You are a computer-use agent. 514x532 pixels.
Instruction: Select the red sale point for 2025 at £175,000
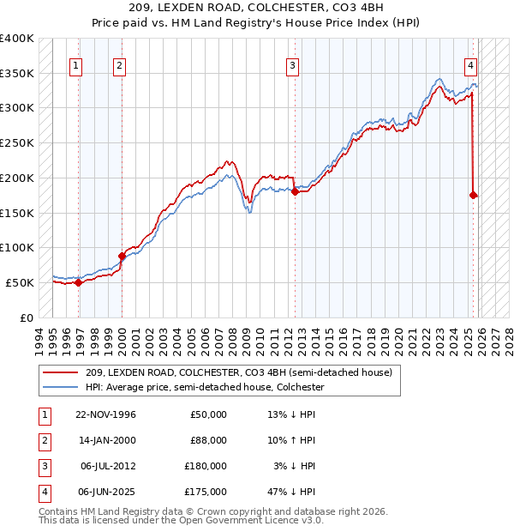coord(474,196)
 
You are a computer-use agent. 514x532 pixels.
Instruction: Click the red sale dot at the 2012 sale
coord(295,192)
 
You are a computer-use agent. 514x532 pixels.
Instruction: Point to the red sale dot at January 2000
coord(122,256)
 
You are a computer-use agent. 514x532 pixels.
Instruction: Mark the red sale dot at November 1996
coord(78,282)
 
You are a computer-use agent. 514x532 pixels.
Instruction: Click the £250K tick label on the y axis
coord(17,143)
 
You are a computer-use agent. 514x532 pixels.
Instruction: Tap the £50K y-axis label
coord(21,282)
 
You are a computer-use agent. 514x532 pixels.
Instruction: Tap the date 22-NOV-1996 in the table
coord(105,414)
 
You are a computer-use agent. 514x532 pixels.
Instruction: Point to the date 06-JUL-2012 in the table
coord(105,466)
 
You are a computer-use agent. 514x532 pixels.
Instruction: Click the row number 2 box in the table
coord(43,440)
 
